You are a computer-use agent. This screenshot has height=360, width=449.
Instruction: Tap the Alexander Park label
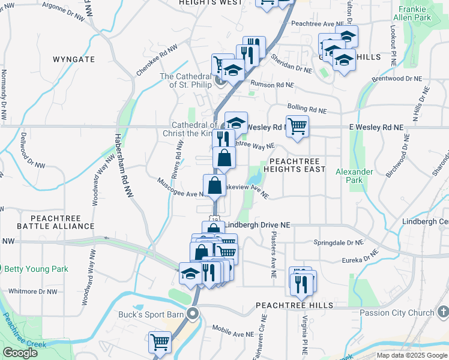point(354,176)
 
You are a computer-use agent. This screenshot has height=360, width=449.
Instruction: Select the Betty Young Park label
point(38,269)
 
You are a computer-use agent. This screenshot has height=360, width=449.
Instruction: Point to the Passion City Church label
point(396,313)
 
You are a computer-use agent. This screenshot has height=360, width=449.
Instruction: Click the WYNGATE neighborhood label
point(74,59)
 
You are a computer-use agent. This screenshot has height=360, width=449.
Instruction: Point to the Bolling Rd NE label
point(307,109)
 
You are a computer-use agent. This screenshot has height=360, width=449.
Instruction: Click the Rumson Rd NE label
point(274,85)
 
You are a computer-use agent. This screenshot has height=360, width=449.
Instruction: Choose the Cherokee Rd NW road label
point(157,60)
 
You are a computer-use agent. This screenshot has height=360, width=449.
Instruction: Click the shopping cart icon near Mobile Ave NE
point(160,342)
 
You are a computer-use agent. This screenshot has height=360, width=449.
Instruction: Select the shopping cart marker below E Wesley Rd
point(297,127)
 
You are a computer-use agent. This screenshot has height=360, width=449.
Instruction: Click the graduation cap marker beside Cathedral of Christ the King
point(237,123)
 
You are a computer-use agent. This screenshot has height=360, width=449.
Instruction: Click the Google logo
point(20,353)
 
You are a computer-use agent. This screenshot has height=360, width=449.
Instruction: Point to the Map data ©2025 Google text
point(412,355)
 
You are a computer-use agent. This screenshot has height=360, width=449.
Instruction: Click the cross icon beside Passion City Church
point(442,312)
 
